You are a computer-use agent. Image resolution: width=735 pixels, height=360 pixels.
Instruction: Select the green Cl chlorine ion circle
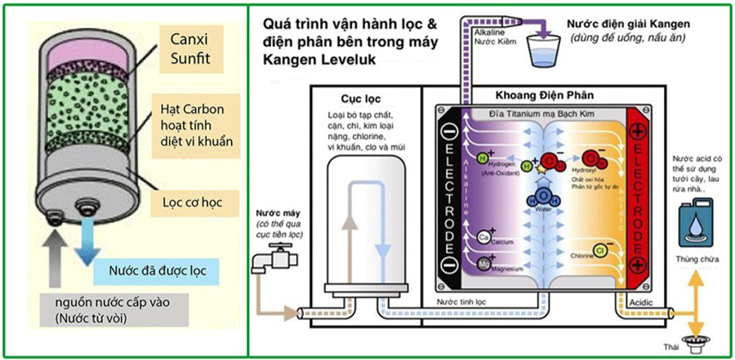pos(599,249)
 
